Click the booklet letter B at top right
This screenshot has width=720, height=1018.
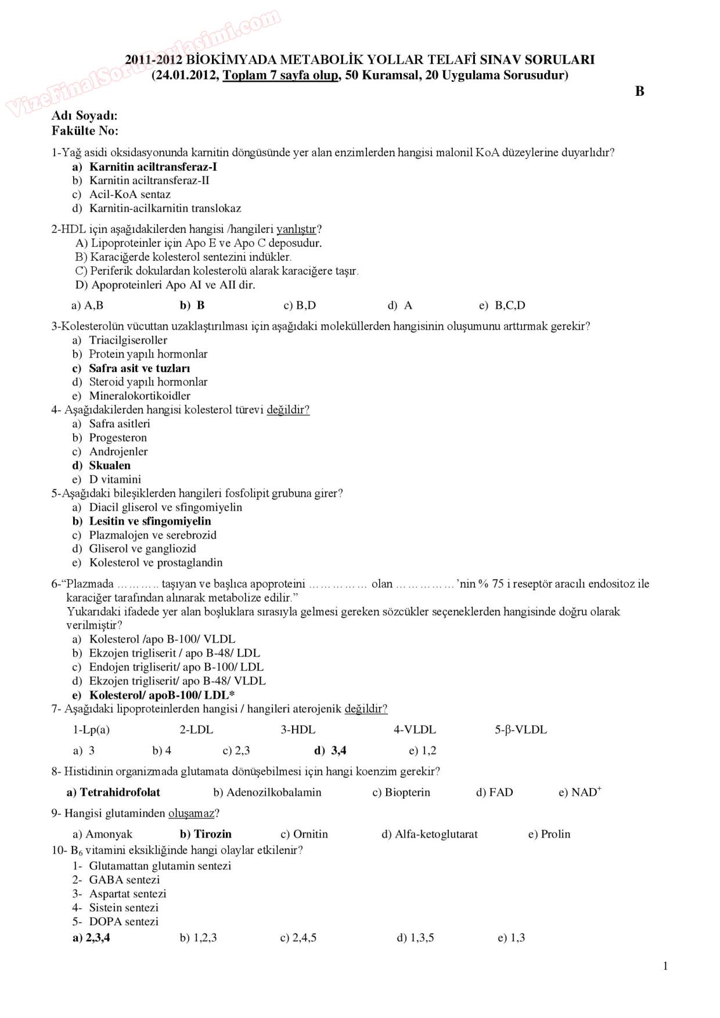click(x=639, y=91)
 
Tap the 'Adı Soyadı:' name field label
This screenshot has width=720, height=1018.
click(x=85, y=115)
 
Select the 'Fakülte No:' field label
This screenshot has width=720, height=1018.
click(x=85, y=131)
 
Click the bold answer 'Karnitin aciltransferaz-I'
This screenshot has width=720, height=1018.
click(x=153, y=167)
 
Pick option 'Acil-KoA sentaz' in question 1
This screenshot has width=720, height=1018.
click(x=129, y=194)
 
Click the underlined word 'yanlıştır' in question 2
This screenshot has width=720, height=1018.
click(x=296, y=229)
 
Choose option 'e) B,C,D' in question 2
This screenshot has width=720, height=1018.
click(x=502, y=305)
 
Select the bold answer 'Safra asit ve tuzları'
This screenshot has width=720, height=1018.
click(x=139, y=368)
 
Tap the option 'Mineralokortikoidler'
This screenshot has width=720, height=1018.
click(x=139, y=396)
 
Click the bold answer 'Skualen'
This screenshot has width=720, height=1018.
click(x=109, y=465)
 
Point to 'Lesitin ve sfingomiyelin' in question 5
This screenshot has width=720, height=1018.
click(x=150, y=521)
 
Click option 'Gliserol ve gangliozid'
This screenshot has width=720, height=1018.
click(x=142, y=548)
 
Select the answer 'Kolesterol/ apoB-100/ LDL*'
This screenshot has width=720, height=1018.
click(x=161, y=695)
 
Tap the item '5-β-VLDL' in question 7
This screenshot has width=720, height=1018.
click(x=520, y=730)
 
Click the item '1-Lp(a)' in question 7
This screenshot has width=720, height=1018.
click(x=91, y=730)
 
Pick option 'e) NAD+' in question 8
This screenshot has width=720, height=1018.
click(x=579, y=792)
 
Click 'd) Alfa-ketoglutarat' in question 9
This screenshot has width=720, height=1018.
click(x=430, y=834)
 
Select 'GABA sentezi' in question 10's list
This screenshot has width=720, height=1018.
click(x=124, y=880)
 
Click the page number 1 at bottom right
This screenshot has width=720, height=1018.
click(x=665, y=966)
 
